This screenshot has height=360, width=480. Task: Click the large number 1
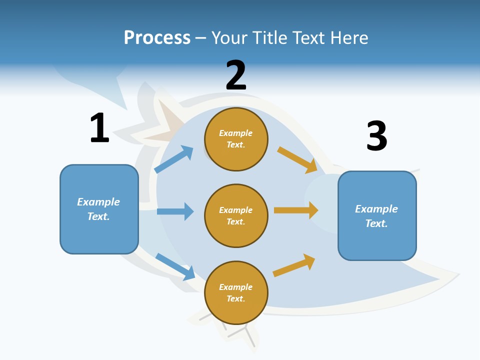[99, 128]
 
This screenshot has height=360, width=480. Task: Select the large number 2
[236, 75]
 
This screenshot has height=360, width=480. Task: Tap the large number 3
[377, 136]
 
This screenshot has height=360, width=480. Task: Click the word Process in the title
[157, 37]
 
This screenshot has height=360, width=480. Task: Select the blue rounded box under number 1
[99, 209]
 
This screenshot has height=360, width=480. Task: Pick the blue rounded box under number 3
[377, 216]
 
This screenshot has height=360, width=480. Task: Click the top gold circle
[236, 139]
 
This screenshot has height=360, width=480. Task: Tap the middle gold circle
[236, 216]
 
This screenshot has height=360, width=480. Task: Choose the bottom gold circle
[236, 293]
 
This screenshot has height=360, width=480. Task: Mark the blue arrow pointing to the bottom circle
[175, 266]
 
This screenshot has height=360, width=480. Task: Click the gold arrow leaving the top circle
[297, 160]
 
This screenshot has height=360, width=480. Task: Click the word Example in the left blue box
[98, 202]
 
